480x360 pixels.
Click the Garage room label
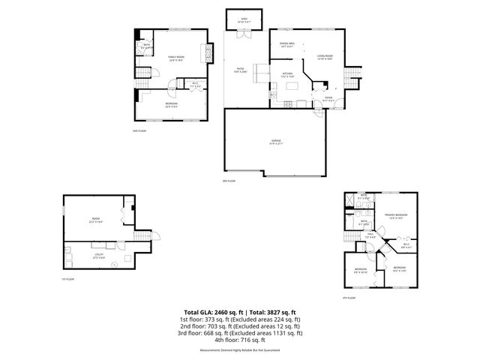[x=277, y=142]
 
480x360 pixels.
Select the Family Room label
[x=177, y=58]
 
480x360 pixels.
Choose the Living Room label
[x=324, y=55]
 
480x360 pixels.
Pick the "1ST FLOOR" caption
[x=68, y=279]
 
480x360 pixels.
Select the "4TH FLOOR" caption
[x=348, y=298]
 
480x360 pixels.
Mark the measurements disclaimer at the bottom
[x=239, y=350]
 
